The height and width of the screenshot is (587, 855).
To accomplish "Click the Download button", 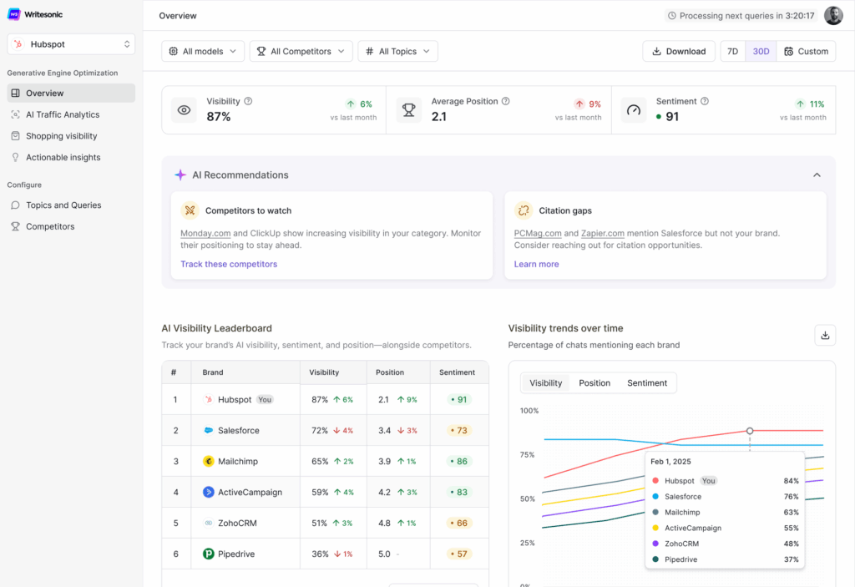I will pos(678,51).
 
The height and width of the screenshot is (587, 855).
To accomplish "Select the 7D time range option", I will pos(732,51).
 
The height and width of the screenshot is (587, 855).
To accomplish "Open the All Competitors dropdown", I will pos(301,51).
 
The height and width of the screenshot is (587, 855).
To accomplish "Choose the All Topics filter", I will pos(397,51).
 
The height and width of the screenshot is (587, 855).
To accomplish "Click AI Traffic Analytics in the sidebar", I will pos(62,114).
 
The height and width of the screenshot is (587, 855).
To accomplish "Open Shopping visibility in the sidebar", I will pos(61,136).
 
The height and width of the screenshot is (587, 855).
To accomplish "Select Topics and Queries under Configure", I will pos(63,205).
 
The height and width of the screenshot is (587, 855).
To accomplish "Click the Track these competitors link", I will pos(229,264).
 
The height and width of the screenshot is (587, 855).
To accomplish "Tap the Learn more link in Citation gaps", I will pos(536,264).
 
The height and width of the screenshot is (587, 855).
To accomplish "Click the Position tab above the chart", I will pos(594,383).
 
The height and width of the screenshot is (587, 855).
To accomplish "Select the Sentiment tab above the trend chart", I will pos(647,383).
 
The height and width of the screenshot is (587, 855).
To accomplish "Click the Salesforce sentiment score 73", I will pos(459,431).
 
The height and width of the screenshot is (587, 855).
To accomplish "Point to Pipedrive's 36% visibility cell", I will pos(320,554).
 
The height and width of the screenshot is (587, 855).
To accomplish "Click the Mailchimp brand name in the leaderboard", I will pos(238,461).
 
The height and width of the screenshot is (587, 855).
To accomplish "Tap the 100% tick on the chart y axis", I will pos(529,411).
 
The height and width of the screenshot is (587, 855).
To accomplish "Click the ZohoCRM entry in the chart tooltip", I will pos(682,544).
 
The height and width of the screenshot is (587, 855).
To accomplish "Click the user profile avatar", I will pos(833,16).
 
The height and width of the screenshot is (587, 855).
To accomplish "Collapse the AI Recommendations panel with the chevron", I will pos(817,175).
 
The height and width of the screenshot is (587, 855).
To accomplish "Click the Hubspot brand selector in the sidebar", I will pos(71,44).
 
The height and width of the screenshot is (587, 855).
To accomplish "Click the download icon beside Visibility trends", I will pos(825,335).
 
